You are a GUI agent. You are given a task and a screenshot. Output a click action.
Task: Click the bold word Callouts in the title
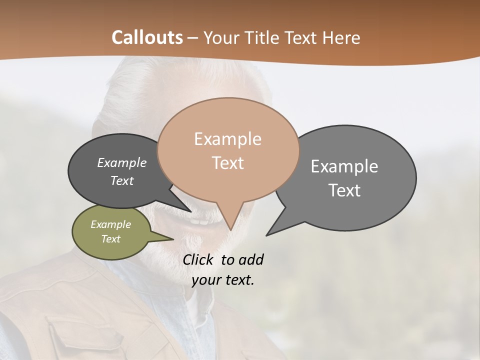147,37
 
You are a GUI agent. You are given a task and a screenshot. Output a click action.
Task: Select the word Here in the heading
342,38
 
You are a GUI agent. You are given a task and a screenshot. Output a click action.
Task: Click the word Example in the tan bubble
227,139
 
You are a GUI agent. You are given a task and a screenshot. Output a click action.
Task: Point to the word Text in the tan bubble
227,163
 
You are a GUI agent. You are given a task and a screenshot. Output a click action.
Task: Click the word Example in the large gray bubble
344,166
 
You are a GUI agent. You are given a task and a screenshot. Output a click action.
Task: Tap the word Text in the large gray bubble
344,190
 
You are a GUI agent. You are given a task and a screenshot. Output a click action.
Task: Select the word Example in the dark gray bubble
121,162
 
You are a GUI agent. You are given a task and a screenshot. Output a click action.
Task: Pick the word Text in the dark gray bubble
121,180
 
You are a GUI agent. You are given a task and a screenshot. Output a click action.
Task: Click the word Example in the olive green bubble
110,224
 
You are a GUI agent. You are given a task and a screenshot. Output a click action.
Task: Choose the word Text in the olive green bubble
110,239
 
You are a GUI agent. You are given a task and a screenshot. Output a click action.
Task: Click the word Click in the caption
199,259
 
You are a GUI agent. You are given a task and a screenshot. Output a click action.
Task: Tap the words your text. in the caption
223,280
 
